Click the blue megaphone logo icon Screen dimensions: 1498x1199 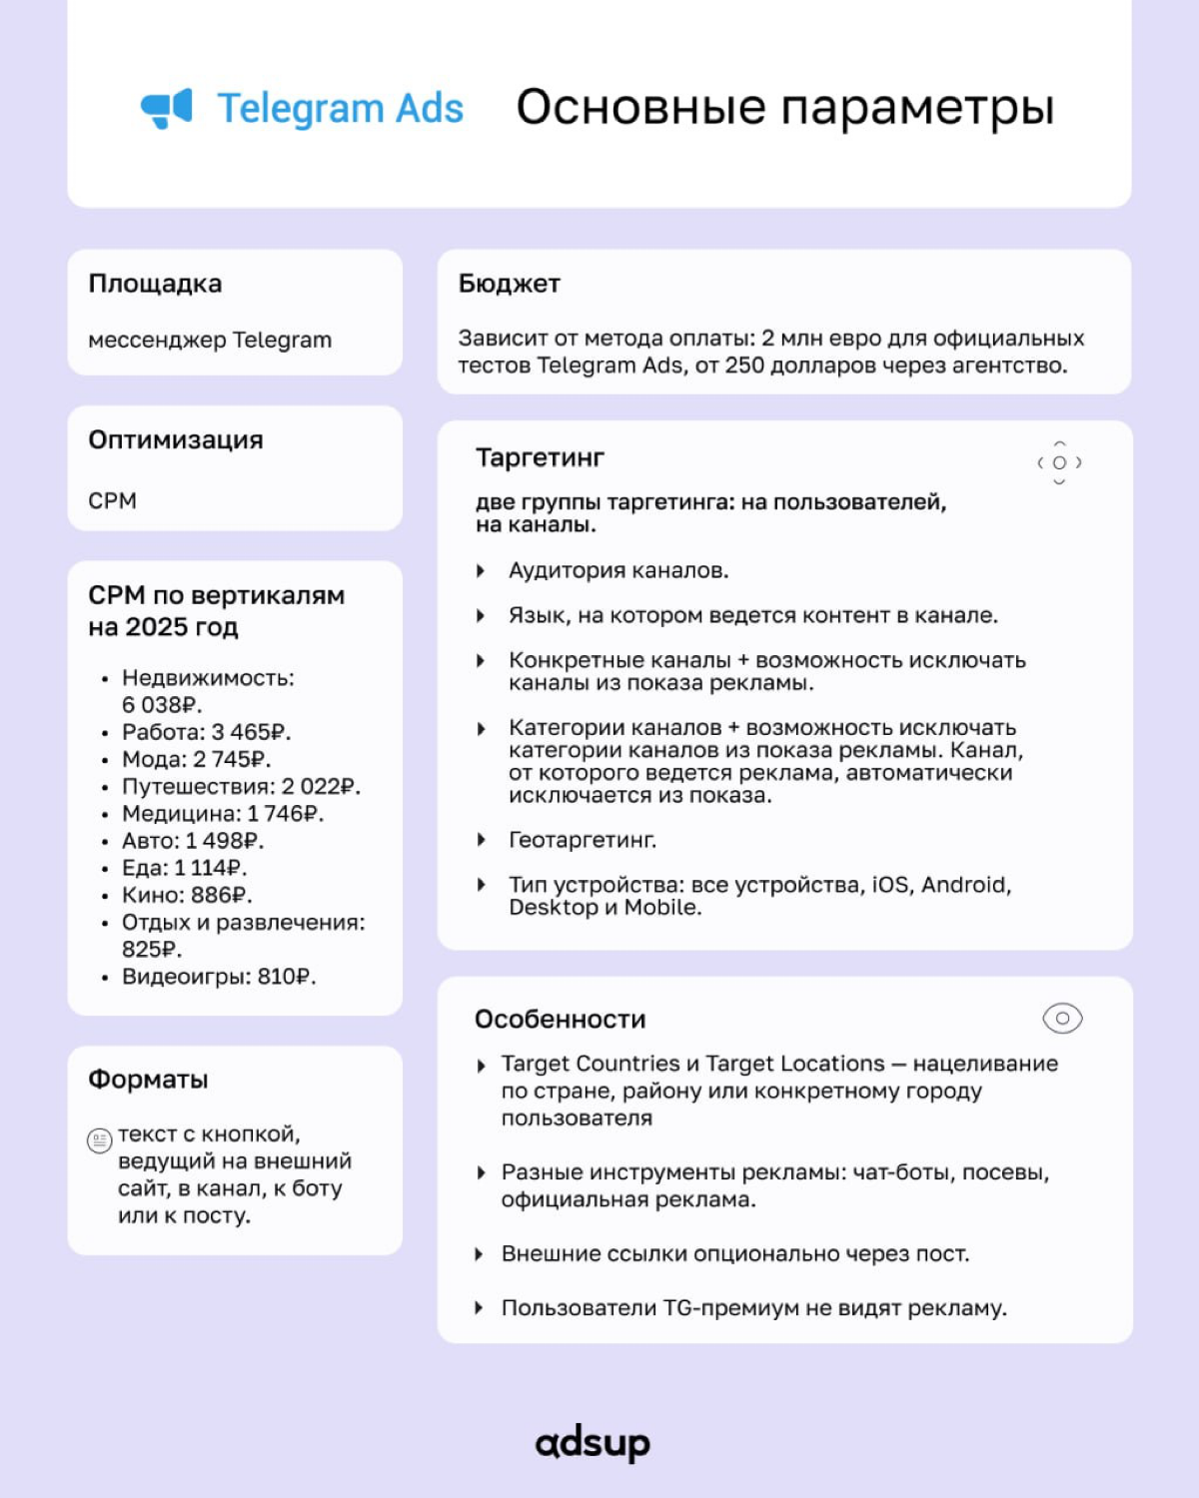click(x=166, y=108)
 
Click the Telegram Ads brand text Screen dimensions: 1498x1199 click(x=340, y=108)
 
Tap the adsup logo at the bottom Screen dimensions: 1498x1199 click(x=593, y=1443)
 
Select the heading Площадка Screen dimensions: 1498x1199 click(x=155, y=284)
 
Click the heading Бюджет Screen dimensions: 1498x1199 click(x=509, y=284)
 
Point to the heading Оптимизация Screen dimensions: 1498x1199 click(x=176, y=439)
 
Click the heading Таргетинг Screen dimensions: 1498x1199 click(x=540, y=457)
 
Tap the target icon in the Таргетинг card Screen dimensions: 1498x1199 click(x=1059, y=462)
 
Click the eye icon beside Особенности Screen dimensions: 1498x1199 click(x=1062, y=1019)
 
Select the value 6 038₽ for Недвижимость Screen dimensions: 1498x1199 click(x=161, y=705)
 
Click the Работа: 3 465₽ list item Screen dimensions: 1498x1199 click(x=206, y=732)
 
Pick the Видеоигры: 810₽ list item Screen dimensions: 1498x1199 click(x=218, y=977)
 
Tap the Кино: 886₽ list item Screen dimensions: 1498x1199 click(x=186, y=895)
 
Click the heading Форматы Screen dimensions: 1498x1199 click(x=148, y=1080)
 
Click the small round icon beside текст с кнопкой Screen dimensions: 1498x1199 click(x=100, y=1140)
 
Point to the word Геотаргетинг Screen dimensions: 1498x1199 click(x=583, y=840)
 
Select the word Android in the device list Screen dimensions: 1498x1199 click(x=964, y=885)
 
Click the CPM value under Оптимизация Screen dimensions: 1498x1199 click(x=112, y=500)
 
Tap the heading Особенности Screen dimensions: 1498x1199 click(x=560, y=1020)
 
